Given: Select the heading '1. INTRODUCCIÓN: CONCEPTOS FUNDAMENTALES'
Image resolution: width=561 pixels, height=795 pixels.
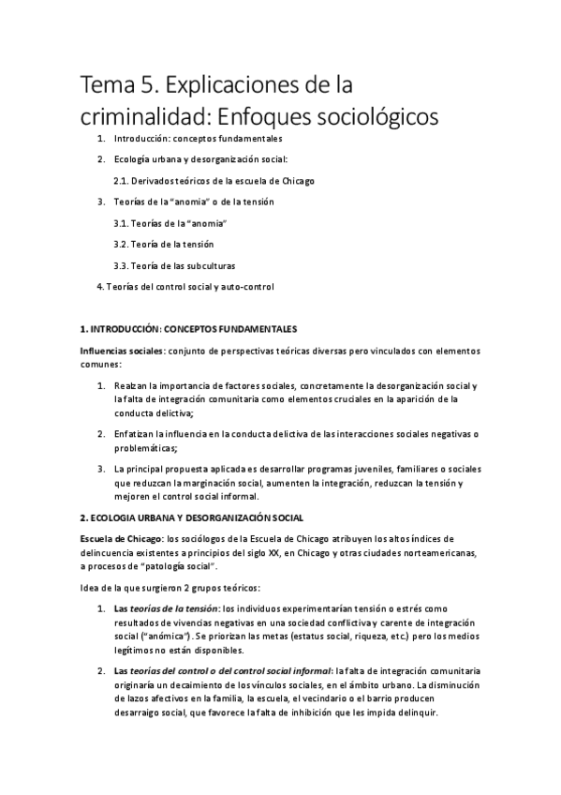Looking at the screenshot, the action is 189,329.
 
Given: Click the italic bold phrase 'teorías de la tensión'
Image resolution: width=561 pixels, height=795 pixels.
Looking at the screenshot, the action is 171,608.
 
